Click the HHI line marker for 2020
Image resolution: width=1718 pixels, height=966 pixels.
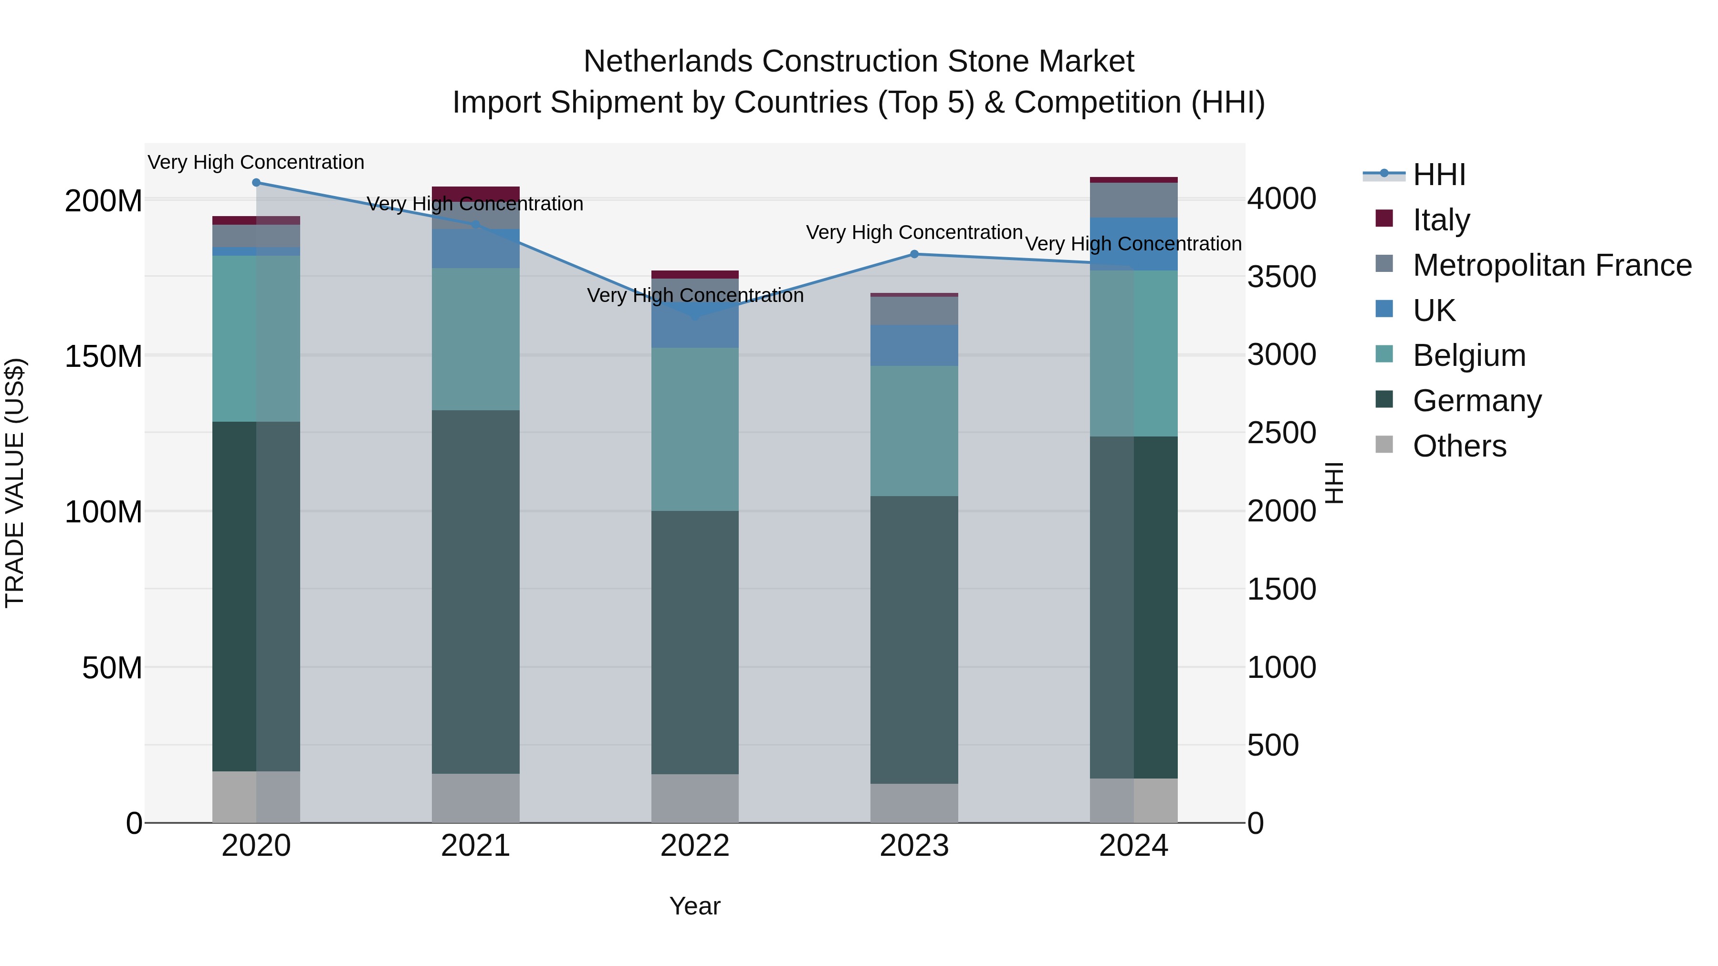256,183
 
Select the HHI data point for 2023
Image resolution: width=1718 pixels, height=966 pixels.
914,254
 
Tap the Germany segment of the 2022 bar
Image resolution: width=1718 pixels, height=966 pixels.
695,642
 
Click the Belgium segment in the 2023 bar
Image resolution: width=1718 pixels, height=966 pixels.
914,431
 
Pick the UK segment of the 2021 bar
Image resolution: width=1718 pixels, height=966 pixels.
475,249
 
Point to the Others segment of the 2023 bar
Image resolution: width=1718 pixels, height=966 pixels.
914,803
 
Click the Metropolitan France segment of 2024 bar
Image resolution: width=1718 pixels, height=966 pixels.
1134,200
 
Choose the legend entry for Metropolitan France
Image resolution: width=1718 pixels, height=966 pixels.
1551,265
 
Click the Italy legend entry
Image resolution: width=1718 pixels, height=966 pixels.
1441,220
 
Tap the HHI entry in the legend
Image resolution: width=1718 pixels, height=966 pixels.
1438,175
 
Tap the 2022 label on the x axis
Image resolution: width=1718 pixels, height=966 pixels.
695,846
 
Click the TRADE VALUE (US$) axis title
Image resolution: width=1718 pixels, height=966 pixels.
15,483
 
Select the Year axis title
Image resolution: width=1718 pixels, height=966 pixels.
695,906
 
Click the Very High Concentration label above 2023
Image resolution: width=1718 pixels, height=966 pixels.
914,233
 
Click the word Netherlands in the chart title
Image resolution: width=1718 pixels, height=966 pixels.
669,62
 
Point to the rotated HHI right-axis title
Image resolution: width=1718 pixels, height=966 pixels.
1333,483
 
